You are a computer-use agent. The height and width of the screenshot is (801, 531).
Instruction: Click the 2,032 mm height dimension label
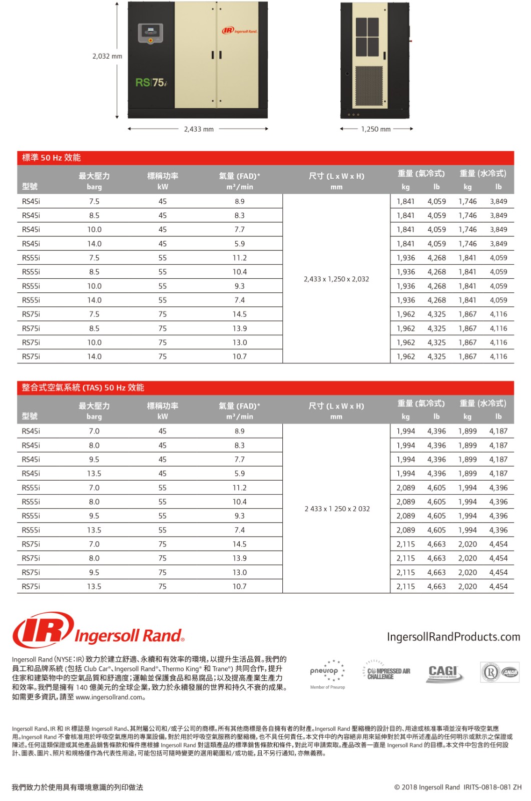click(107, 56)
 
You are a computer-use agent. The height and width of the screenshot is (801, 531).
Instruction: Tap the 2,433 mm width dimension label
click(199, 129)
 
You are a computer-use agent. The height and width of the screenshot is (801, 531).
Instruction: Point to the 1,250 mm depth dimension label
click(376, 129)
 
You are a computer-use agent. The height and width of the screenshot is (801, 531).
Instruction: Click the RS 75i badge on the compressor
click(151, 83)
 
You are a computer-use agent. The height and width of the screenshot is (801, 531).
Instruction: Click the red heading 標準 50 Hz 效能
click(52, 158)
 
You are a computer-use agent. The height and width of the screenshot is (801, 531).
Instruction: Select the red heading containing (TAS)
click(83, 387)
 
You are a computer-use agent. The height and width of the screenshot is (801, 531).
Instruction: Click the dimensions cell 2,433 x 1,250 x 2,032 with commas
click(336, 279)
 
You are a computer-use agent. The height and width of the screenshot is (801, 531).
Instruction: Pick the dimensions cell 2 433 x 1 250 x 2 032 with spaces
click(337, 509)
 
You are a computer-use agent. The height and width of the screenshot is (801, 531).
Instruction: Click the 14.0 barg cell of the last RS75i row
click(94, 356)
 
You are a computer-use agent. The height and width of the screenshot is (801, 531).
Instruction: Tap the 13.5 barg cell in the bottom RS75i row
click(94, 586)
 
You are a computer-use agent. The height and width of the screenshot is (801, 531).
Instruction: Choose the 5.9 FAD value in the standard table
click(240, 244)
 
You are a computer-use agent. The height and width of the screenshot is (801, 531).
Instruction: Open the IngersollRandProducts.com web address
click(453, 637)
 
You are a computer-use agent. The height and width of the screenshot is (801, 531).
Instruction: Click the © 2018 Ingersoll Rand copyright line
click(457, 787)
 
